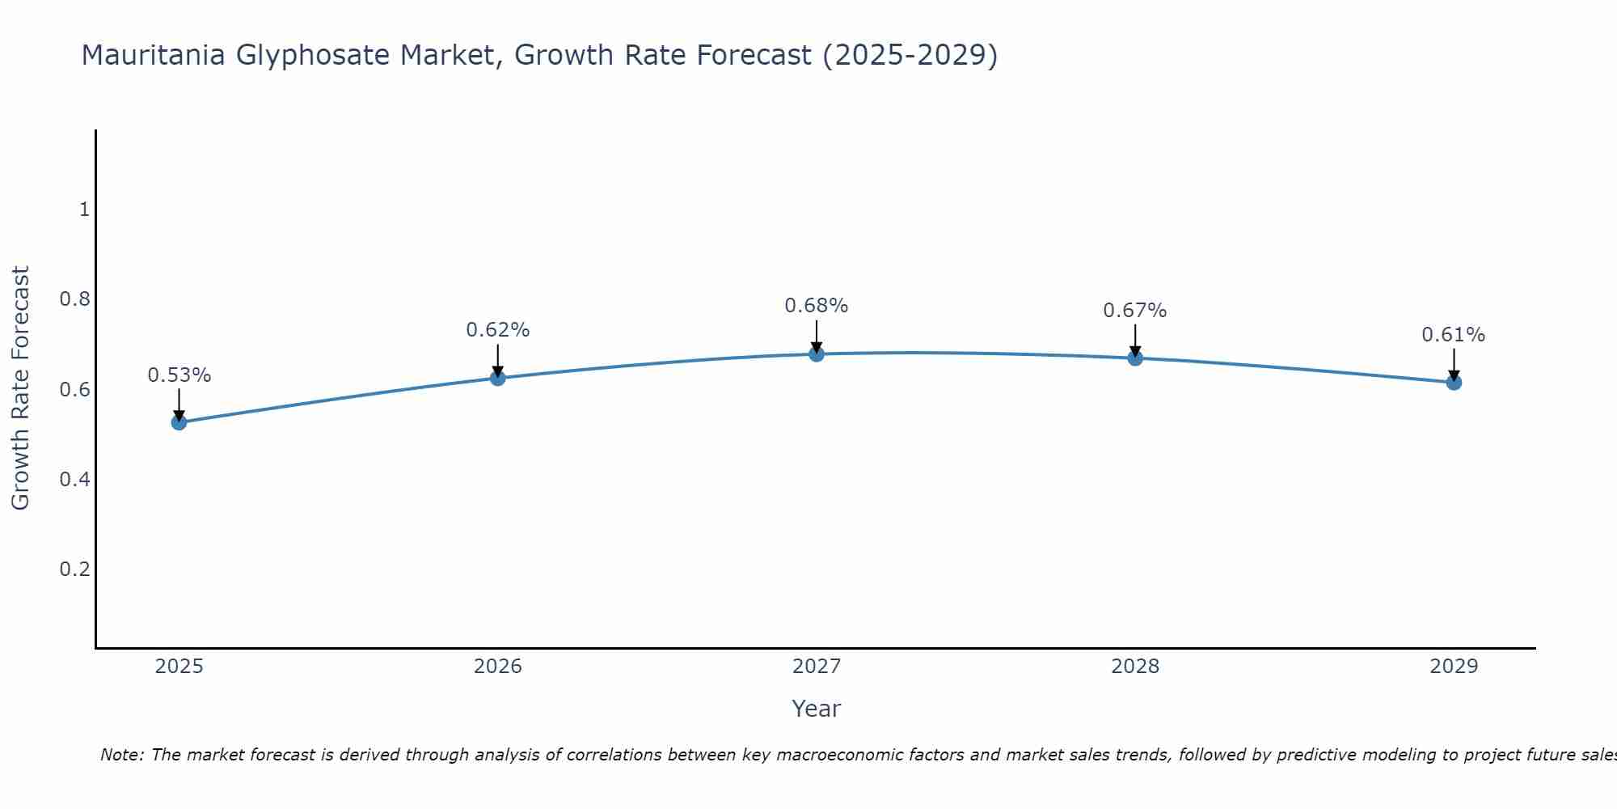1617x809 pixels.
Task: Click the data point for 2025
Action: (x=179, y=421)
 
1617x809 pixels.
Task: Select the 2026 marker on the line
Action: (x=498, y=378)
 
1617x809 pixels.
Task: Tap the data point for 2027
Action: (x=817, y=354)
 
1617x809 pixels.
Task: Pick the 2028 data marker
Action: (x=1135, y=358)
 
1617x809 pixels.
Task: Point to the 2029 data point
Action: (x=1454, y=382)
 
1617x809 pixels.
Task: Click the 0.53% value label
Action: (x=179, y=375)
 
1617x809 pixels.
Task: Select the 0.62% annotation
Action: (x=498, y=330)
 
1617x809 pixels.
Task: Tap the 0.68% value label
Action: (x=817, y=306)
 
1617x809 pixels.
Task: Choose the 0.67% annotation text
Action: (x=1135, y=311)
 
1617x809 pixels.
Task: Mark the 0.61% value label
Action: (x=1454, y=335)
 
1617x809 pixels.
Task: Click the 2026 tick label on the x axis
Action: (x=498, y=667)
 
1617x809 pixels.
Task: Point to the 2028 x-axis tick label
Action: (x=1135, y=667)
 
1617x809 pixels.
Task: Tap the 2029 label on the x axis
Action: (x=1454, y=667)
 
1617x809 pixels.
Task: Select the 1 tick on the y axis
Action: (x=84, y=210)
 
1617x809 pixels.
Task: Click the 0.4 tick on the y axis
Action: (x=74, y=480)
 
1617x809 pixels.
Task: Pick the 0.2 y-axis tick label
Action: (x=74, y=570)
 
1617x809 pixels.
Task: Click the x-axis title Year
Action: (x=817, y=709)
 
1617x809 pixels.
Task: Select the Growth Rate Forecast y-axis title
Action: (x=21, y=388)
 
